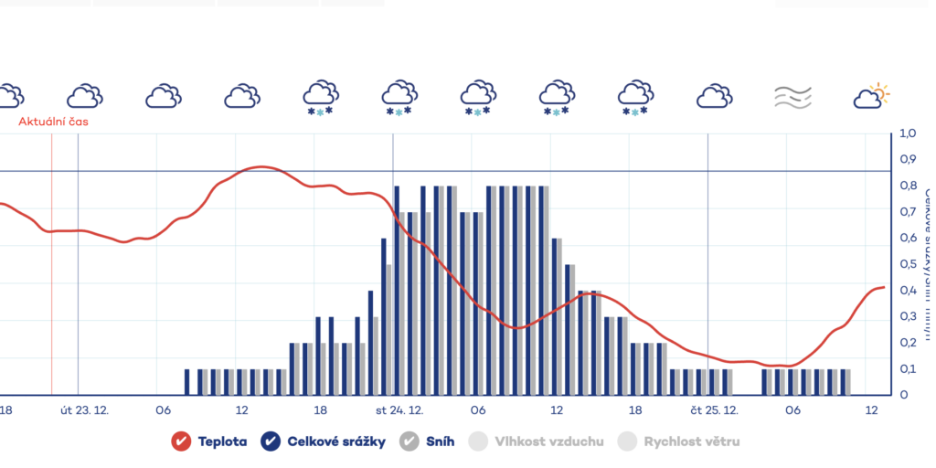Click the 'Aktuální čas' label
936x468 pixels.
pos(54,121)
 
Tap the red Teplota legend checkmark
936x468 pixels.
pos(181,441)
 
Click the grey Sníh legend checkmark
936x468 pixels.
pos(410,441)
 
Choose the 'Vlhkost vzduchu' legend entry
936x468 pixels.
pos(548,441)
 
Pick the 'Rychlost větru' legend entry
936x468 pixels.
pos(691,441)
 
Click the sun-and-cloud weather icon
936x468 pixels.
pos(871,95)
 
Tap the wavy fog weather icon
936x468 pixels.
pos(792,96)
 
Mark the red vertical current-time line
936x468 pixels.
pos(52,274)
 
